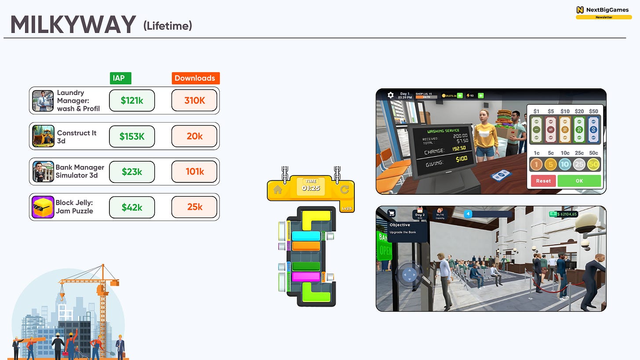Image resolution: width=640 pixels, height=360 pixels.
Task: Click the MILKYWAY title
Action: [73, 25]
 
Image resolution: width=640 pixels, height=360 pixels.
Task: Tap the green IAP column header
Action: [120, 78]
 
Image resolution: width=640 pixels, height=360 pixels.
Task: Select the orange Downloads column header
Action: [195, 78]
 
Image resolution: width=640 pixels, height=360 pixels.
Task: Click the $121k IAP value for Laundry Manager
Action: [132, 101]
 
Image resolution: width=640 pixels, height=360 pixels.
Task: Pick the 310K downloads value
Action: [194, 101]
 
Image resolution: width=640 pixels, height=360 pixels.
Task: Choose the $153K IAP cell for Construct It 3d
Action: [132, 136]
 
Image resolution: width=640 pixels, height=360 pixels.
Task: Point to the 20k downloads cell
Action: [194, 136]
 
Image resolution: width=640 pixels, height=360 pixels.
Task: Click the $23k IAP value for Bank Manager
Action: [132, 171]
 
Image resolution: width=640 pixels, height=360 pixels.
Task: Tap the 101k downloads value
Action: [194, 171]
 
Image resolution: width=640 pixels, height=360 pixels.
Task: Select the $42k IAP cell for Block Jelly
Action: [132, 207]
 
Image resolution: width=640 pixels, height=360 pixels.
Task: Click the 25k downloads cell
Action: [194, 207]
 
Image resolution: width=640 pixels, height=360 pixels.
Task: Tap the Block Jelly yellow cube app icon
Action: [43, 207]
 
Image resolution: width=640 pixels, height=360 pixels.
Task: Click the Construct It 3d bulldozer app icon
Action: [43, 136]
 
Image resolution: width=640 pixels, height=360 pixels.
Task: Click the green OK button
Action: [579, 181]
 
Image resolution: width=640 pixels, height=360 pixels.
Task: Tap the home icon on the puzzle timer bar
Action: [277, 190]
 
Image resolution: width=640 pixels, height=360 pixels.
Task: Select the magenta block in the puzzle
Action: [305, 276]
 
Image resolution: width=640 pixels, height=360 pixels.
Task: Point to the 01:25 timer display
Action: [311, 188]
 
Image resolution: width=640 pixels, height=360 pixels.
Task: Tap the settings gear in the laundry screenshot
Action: [390, 95]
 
